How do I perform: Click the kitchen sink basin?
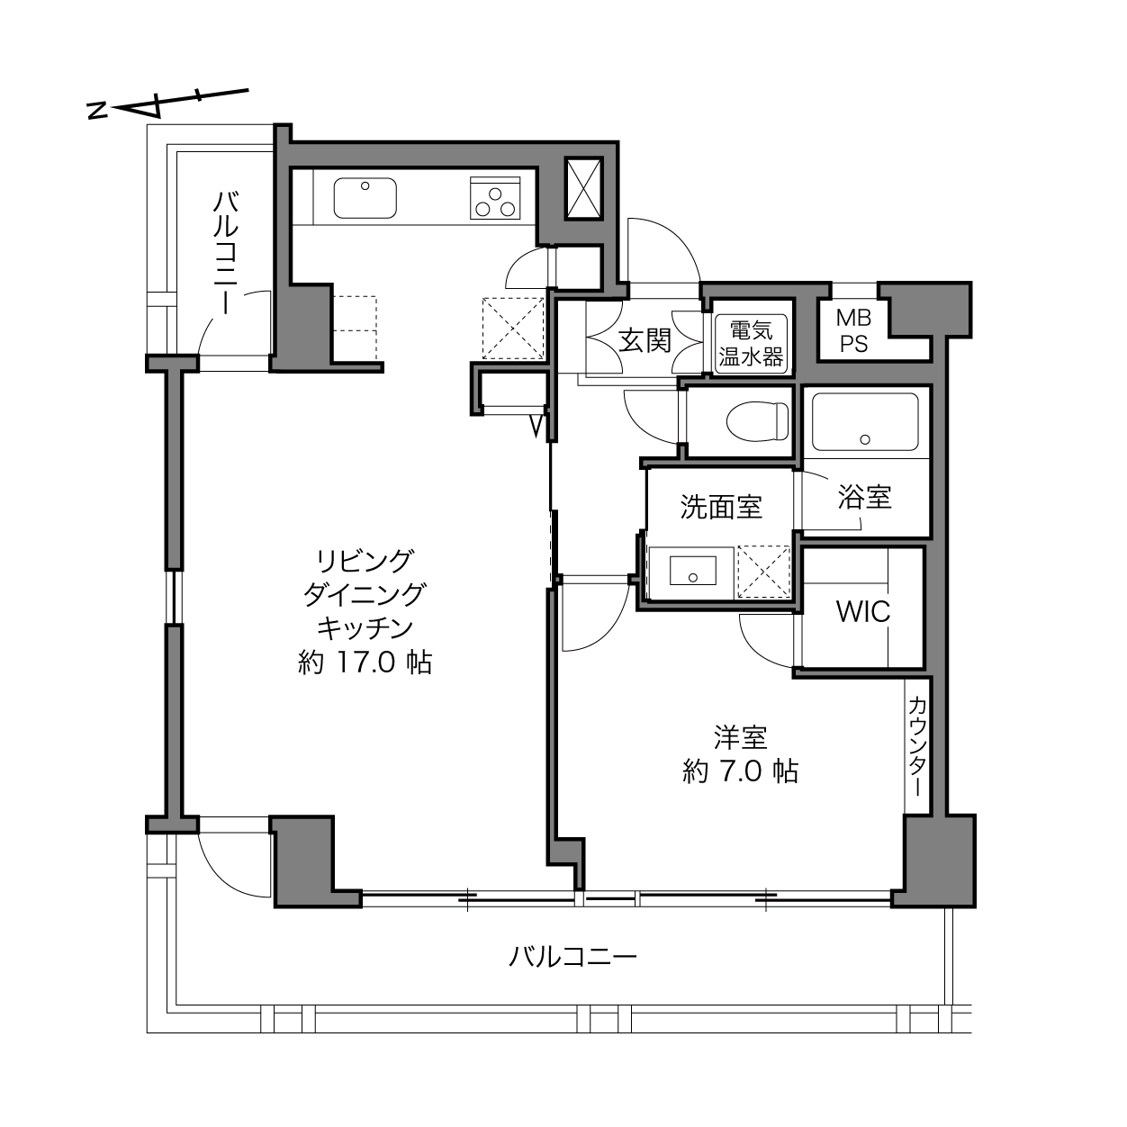coord(365,198)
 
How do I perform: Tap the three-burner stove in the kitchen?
coord(495,198)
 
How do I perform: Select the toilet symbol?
coord(757,420)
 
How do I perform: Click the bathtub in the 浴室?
coord(865,421)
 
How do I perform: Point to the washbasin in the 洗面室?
coord(693,570)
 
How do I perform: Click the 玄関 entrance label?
coord(645,340)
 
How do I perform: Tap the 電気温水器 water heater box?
coord(751,345)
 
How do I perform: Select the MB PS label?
coord(853,331)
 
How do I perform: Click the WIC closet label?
coord(862,612)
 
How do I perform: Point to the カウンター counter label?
coord(917,747)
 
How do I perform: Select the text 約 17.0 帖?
coord(365,663)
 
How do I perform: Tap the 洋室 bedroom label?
coord(741,737)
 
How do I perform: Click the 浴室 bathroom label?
coord(864,497)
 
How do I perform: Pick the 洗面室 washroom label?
coord(721,507)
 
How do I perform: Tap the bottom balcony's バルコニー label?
coord(573,957)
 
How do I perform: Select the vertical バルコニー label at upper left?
coord(226,253)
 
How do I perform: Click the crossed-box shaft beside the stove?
coord(583,188)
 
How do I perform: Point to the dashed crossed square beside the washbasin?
coord(764,572)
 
